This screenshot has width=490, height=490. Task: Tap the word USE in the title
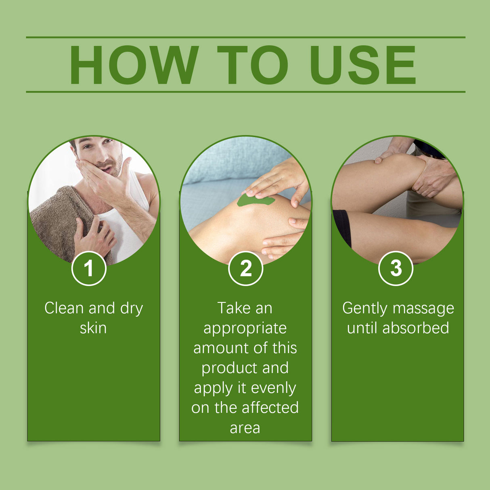[363, 65]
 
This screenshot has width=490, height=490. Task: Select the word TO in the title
[253, 65]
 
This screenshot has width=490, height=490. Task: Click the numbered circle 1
[89, 268]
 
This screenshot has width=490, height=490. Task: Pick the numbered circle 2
[245, 268]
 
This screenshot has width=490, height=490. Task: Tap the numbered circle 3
[396, 268]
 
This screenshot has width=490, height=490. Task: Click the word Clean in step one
[64, 308]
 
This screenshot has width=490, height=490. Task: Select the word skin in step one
[93, 328]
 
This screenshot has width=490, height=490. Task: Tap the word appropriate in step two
[245, 329]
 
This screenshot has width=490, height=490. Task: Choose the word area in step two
[245, 428]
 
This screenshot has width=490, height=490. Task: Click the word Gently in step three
[365, 309]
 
